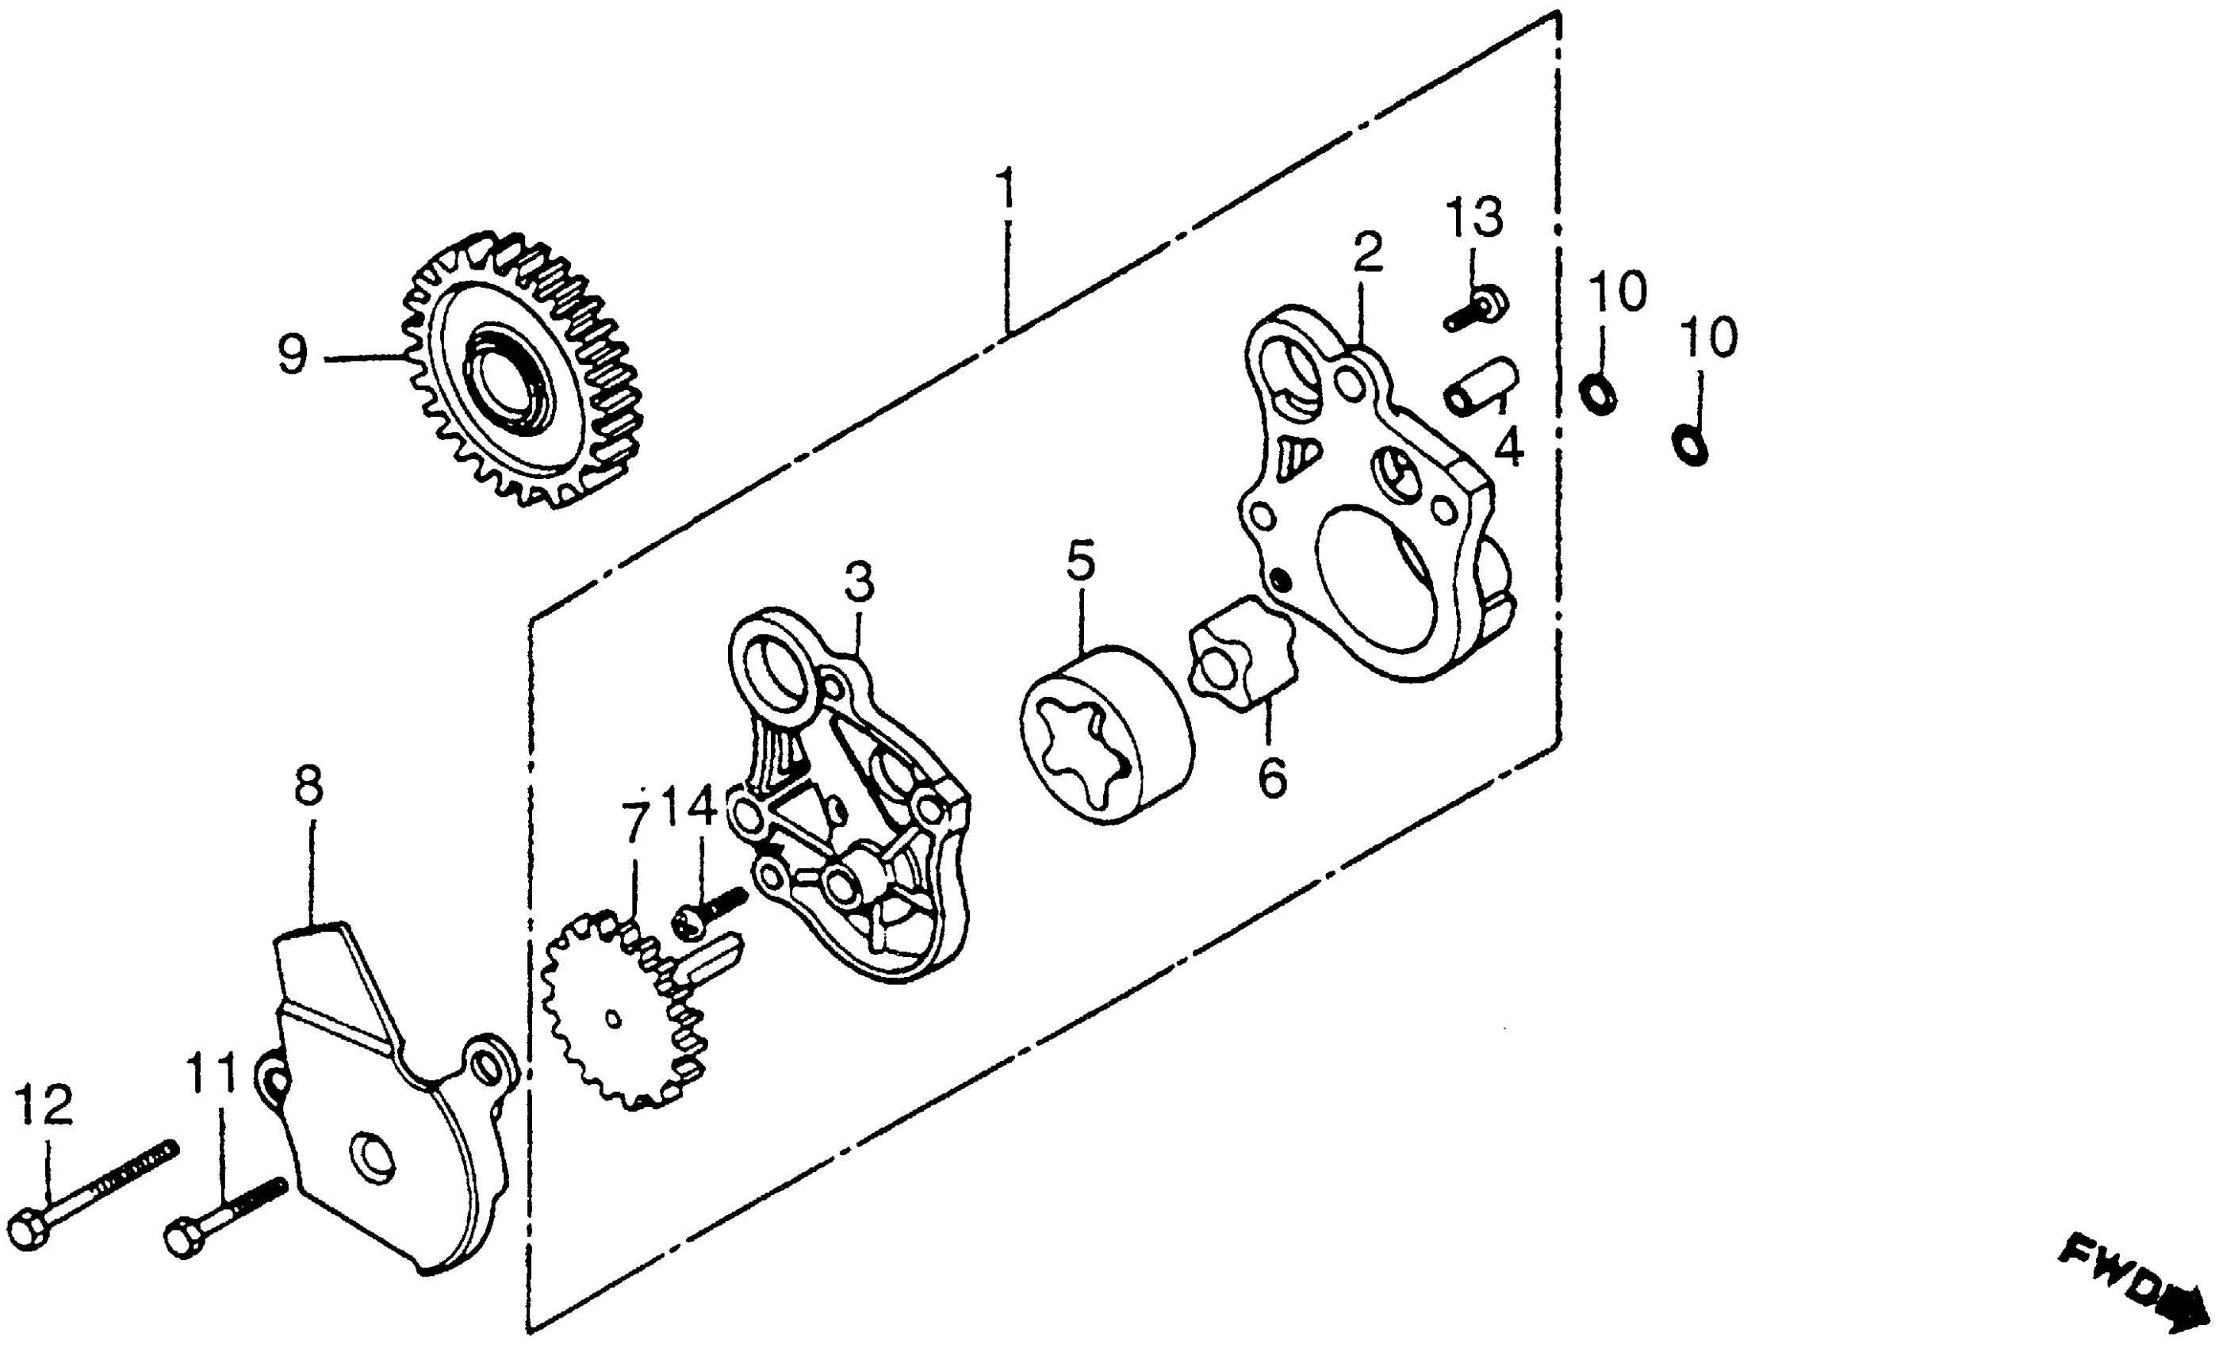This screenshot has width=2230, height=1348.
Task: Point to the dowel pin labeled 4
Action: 1481,385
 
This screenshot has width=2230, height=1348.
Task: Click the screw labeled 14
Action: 711,910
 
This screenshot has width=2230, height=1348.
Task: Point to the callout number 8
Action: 308,787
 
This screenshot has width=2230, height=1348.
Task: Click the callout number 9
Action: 293,355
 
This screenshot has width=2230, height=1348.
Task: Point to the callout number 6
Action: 1273,777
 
